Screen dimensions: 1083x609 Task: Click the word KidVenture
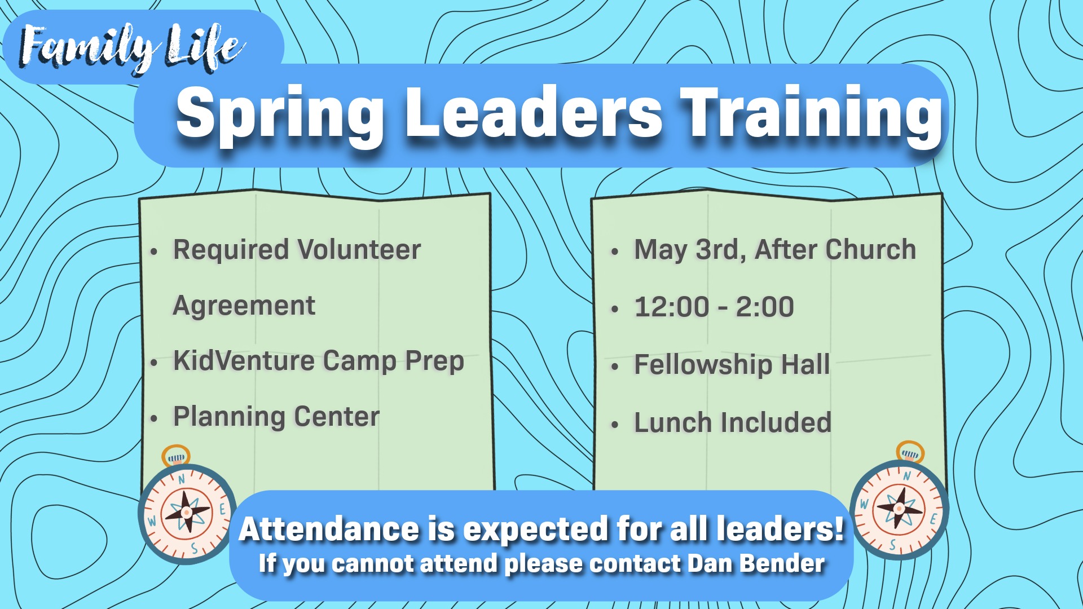point(243,361)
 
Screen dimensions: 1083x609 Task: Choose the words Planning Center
point(276,417)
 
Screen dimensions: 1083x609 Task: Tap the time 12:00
point(672,307)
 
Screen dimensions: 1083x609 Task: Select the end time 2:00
point(765,307)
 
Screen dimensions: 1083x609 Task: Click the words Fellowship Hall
point(732,364)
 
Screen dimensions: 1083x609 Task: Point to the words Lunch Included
point(733,422)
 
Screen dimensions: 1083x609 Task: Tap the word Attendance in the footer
point(329,529)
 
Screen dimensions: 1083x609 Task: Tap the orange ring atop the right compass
point(910,452)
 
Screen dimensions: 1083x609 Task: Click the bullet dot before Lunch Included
point(615,425)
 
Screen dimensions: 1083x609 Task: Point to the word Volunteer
point(359,250)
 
